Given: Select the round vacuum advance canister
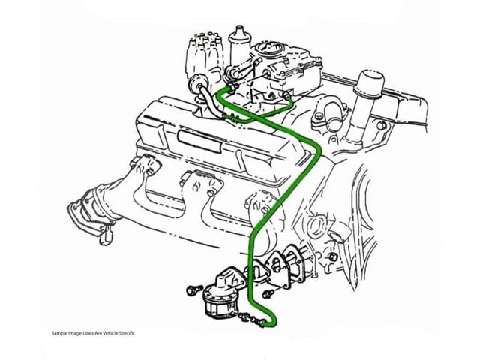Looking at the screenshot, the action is click(196, 82).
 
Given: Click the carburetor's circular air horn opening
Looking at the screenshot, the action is click(269, 48).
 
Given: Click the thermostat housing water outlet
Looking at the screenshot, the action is click(332, 115).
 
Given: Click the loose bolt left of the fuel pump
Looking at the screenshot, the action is click(194, 289).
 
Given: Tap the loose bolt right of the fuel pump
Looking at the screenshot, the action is click(268, 294).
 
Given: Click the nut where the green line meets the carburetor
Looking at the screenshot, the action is click(233, 88).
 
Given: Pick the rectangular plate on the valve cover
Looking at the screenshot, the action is click(199, 142).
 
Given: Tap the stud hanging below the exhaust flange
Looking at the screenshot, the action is click(106, 235).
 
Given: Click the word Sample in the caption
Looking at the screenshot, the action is click(58, 333).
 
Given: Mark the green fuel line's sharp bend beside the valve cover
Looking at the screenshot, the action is click(318, 150).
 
